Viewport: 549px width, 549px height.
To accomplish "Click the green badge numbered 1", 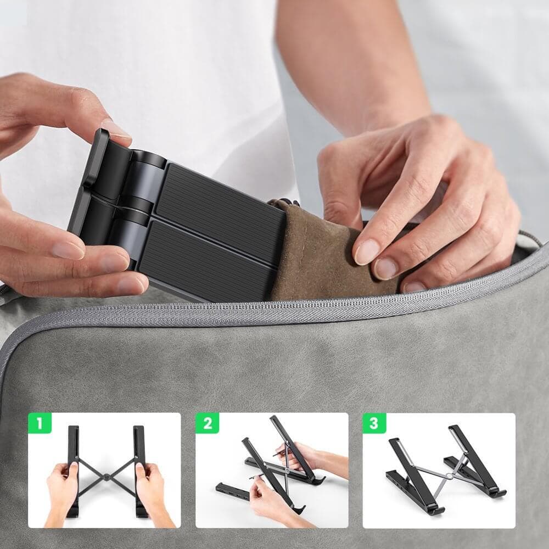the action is tap(40, 423).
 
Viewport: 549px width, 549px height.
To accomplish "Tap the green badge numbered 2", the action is tap(208, 423).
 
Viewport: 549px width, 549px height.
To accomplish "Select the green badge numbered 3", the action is tap(374, 423).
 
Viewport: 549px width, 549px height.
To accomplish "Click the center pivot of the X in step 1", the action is tap(107, 477).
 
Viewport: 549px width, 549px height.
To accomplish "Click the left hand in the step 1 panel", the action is tap(63, 494).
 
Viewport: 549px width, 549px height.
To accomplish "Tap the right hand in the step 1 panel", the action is tap(152, 494).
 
